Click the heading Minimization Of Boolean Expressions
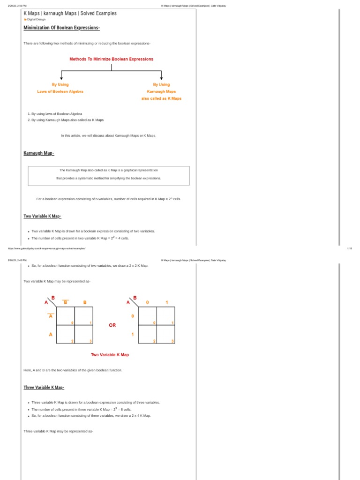(x=61, y=28)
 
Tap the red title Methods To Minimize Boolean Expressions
(x=111, y=59)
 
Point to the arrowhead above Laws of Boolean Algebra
(x=61, y=78)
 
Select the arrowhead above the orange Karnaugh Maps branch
(x=161, y=78)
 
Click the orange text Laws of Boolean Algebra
(x=60, y=91)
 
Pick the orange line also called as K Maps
(x=161, y=98)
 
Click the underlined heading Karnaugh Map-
(x=39, y=153)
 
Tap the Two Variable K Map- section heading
(x=42, y=216)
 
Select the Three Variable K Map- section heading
(x=44, y=388)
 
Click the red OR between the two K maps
(x=112, y=325)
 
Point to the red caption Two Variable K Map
(x=110, y=355)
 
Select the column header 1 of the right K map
(x=166, y=302)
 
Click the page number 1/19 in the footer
(x=349, y=248)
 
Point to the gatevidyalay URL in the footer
(x=46, y=248)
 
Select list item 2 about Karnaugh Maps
(x=67, y=120)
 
